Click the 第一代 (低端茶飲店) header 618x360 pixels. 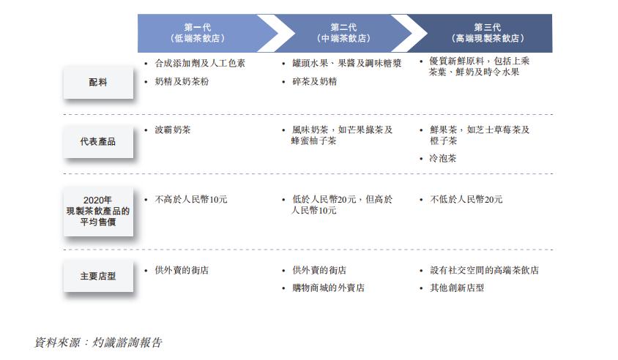coord(198,33)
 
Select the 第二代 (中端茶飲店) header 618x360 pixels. coord(343,33)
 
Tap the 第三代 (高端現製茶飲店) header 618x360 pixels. coord(488,33)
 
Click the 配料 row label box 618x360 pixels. coord(97,83)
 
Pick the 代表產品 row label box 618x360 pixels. coord(97,141)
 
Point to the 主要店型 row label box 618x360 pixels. coord(97,276)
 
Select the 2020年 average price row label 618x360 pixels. coord(97,211)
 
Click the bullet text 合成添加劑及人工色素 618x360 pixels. coord(200,63)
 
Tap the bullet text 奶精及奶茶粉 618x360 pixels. coord(182,81)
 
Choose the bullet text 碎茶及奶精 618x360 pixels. coord(315,81)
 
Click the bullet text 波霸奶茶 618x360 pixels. coord(173,130)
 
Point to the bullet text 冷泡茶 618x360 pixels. coord(442,158)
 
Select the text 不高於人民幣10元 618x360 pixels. coord(191,199)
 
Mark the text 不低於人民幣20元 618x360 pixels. coord(466,199)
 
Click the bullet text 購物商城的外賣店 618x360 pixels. coord(328,288)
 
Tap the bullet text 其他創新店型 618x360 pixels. coord(457,288)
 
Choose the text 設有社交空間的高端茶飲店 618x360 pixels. coord(484,270)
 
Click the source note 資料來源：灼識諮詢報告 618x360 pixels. coord(98,342)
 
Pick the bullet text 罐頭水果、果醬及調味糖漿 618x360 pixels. coord(347,63)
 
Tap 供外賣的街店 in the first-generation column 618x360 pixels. coord(182,270)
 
